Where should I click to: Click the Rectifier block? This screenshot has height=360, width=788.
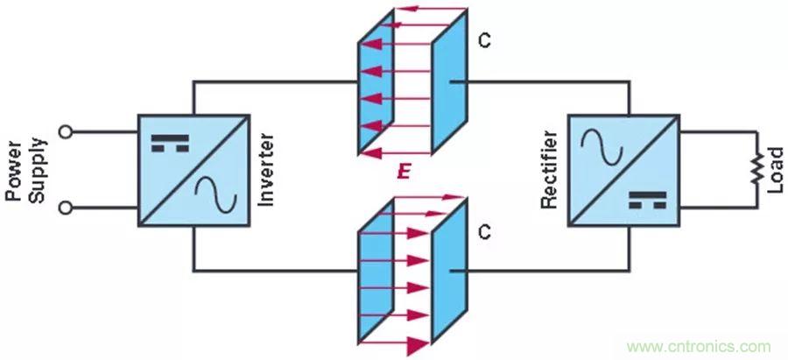[624, 169]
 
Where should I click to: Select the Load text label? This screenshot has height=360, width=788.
[774, 171]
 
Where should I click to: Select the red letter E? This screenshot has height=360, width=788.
[403, 173]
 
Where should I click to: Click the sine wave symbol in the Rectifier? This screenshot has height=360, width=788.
[603, 144]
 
